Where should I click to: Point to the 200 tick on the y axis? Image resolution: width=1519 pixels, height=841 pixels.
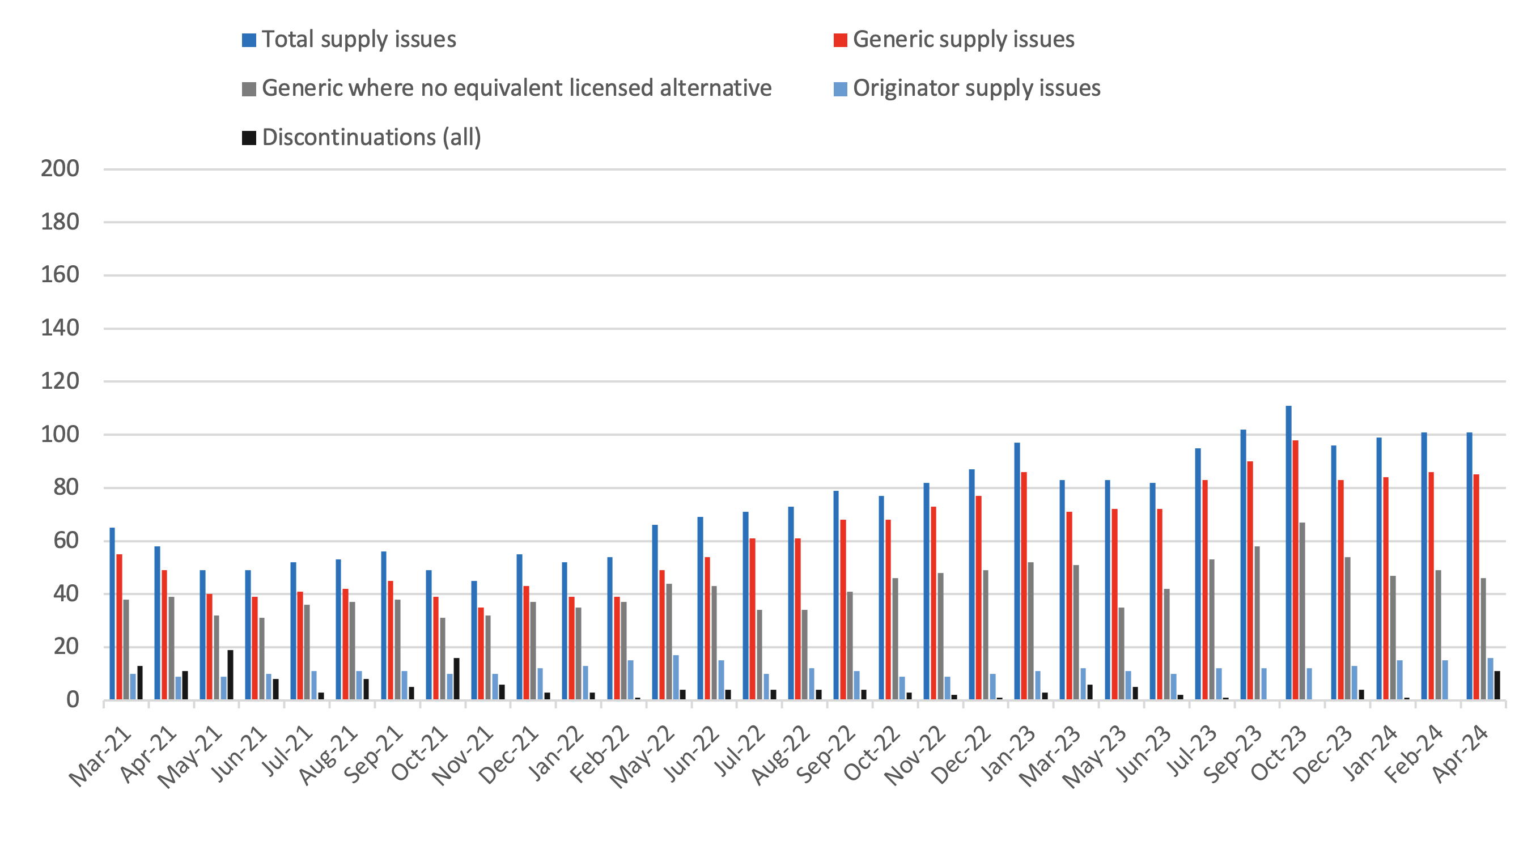(x=60, y=169)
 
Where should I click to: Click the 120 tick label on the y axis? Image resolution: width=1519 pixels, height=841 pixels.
(x=60, y=381)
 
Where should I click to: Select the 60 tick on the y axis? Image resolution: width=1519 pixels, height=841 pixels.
(x=65, y=540)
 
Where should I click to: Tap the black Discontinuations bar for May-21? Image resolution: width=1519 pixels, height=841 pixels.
(x=231, y=675)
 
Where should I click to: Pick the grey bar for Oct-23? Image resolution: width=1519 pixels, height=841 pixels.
(x=1302, y=611)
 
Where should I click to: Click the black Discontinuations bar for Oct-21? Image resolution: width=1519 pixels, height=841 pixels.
(x=456, y=679)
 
